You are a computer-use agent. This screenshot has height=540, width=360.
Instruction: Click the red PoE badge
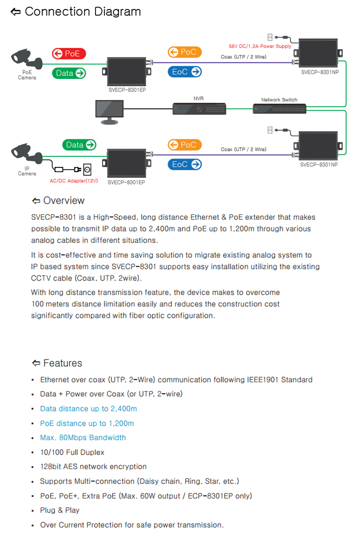pos(69,53)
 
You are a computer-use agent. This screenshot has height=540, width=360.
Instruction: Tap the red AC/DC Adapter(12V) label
pos(73,180)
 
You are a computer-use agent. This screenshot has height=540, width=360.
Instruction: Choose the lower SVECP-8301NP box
pos(318,146)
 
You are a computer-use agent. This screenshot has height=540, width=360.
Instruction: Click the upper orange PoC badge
pos(184,52)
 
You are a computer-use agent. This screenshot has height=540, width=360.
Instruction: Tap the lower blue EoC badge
pos(184,164)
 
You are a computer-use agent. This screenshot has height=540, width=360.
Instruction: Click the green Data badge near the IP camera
pos(79,145)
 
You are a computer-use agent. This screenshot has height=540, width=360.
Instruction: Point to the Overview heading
pos(63,201)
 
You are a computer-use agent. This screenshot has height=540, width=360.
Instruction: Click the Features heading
pos(62,363)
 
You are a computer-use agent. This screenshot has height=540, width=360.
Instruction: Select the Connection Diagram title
pos(82,11)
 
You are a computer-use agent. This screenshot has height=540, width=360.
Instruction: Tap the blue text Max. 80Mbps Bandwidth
pos(83,438)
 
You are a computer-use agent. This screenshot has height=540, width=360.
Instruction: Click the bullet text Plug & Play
pos(60,510)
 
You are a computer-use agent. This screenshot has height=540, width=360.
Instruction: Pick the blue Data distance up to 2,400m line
pos(88,409)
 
